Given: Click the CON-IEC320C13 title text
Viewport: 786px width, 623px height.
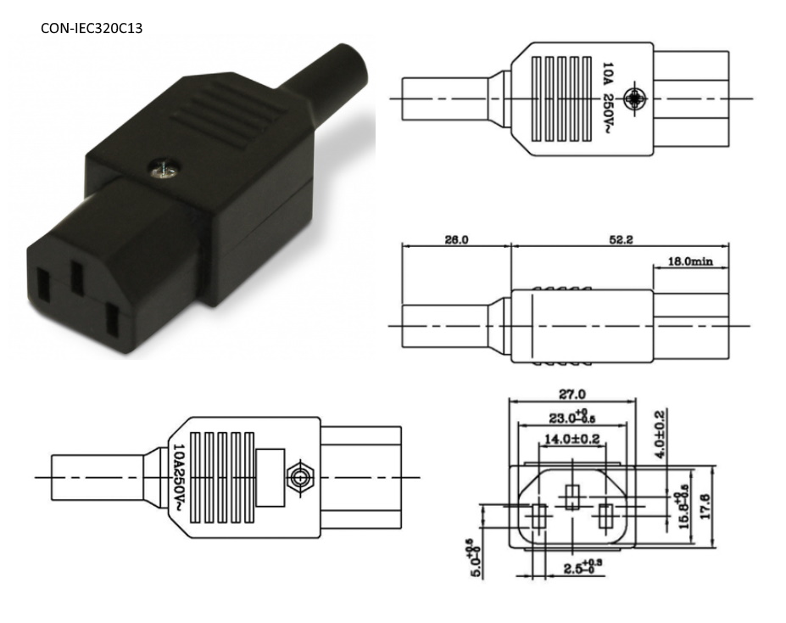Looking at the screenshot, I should [x=92, y=28].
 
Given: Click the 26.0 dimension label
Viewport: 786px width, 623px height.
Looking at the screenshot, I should [x=456, y=240].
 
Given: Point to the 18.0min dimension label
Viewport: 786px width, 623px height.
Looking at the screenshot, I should [x=691, y=261].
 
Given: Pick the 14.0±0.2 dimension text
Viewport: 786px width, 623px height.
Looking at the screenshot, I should [x=572, y=440].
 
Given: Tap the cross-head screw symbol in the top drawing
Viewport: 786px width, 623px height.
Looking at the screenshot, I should [x=633, y=98].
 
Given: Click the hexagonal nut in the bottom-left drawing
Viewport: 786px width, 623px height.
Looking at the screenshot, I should [x=298, y=477].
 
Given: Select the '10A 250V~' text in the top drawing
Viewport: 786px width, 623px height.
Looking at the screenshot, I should [x=607, y=98].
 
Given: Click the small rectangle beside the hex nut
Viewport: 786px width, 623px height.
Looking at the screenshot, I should [x=270, y=477].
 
